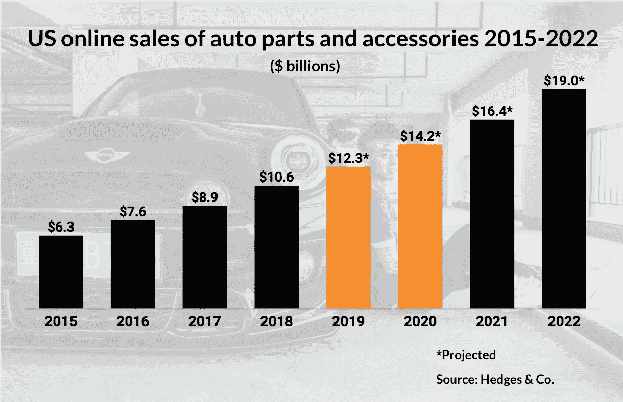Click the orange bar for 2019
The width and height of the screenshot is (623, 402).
[348, 237]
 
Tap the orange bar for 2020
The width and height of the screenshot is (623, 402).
[420, 227]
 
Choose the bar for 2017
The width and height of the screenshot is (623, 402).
[204, 257]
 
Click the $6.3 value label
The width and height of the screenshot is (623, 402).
[61, 228]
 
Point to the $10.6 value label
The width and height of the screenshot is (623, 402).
[276, 177]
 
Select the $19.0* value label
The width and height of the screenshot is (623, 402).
[564, 82]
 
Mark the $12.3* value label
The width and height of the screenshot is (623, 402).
[348, 158]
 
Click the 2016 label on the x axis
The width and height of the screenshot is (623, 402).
[133, 322]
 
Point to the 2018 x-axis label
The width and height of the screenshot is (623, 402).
[276, 322]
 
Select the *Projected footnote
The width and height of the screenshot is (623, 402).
[466, 355]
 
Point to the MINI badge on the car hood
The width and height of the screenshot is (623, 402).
[105, 155]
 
